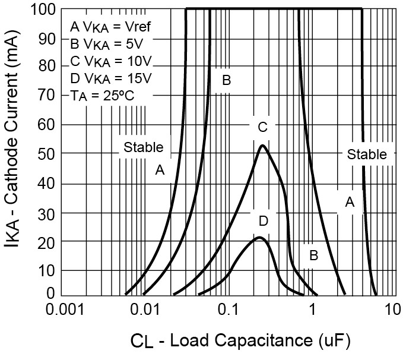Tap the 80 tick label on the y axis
[x=50, y=67]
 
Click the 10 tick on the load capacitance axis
[x=390, y=310]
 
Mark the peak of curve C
[x=262, y=146]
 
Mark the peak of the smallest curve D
[x=259, y=238]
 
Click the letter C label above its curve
[x=262, y=127]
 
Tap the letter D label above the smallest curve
[x=264, y=221]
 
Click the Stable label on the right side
[x=367, y=154]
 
